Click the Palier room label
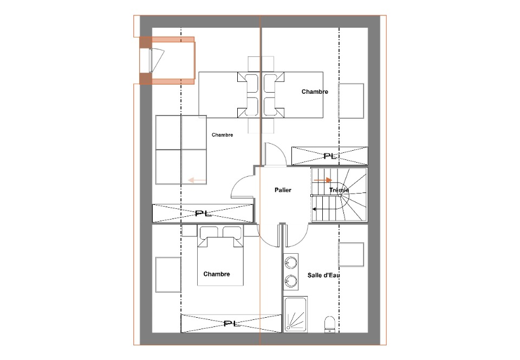click(x=283, y=190)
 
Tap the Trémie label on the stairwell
click(x=339, y=190)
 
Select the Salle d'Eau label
click(x=323, y=275)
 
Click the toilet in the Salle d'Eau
click(x=330, y=324)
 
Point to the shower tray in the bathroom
click(x=295, y=314)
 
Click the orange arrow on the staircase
click(x=323, y=180)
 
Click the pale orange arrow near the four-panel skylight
click(x=197, y=180)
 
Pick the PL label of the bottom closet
click(x=232, y=323)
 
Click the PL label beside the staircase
click(x=330, y=156)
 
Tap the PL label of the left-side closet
click(x=203, y=213)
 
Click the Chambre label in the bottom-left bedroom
click(x=217, y=274)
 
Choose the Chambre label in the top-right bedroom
click(x=315, y=92)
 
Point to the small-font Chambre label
click(x=222, y=134)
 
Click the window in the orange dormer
click(x=151, y=60)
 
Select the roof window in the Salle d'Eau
click(x=351, y=254)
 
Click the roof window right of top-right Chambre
click(x=351, y=100)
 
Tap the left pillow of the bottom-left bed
click(x=209, y=232)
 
